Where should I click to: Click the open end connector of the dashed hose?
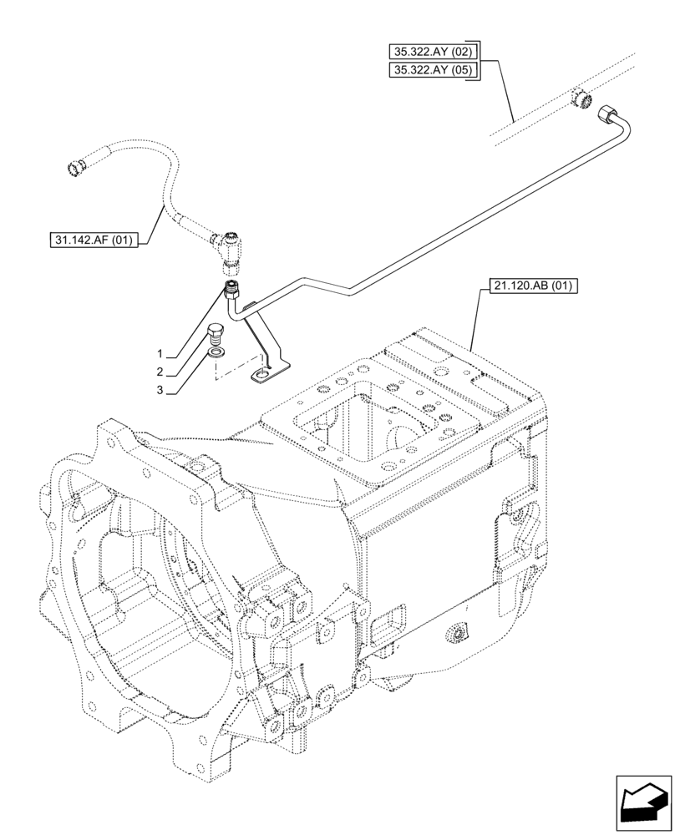point(74,167)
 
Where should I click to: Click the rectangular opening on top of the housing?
point(343,434)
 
